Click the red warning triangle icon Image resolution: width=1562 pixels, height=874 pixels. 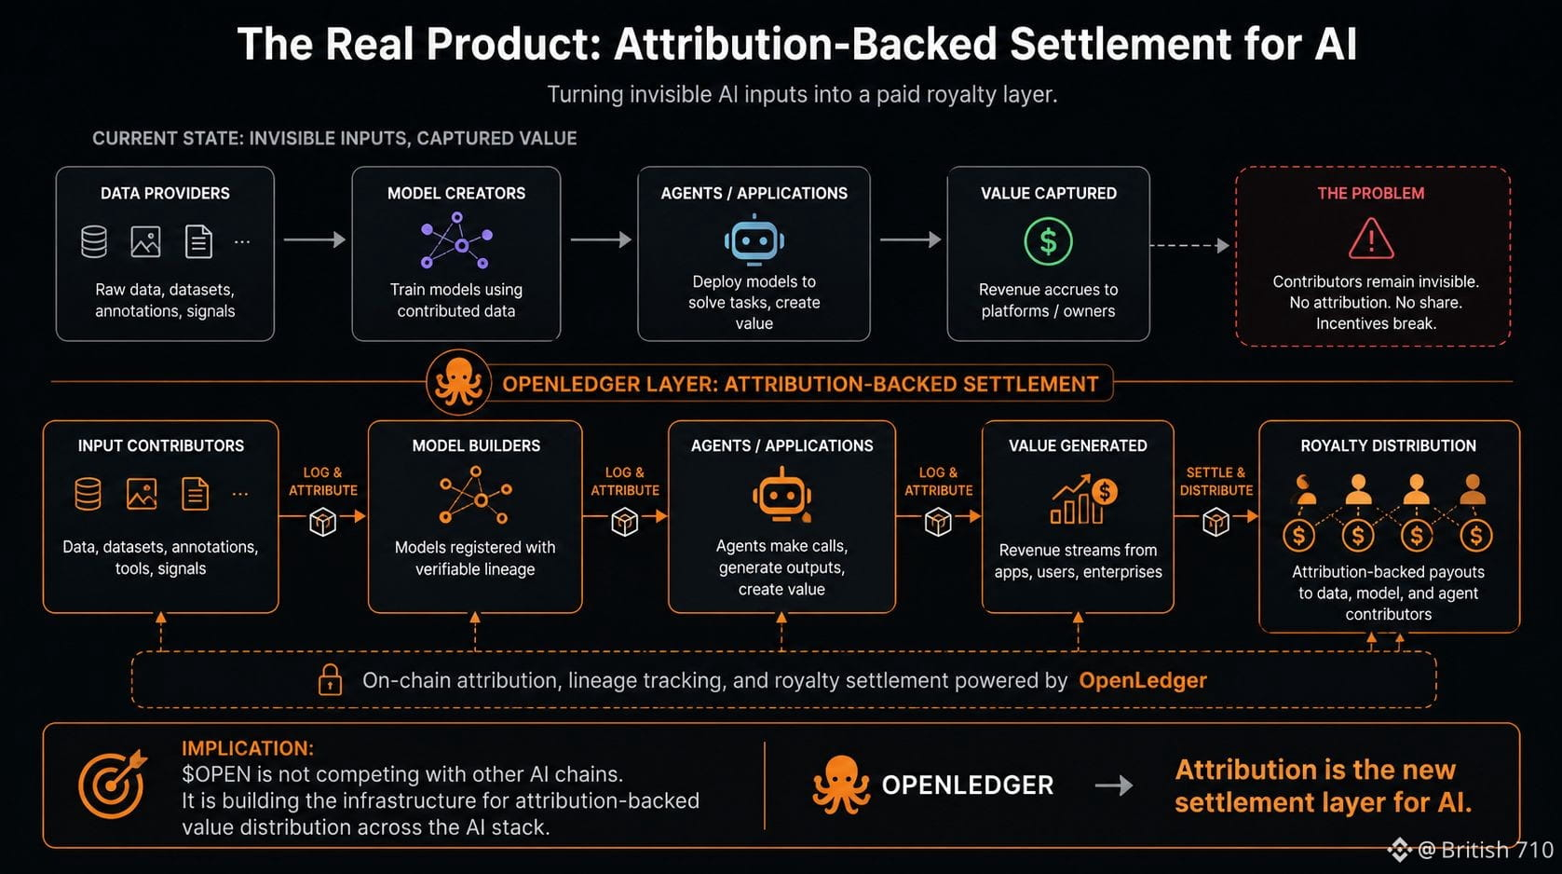(x=1371, y=239)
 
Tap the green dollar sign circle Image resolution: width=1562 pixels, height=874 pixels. (x=1048, y=241)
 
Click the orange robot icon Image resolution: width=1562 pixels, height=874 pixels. (x=781, y=496)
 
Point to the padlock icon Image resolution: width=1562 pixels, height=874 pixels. (x=330, y=679)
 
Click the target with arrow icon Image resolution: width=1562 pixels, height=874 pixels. (x=113, y=784)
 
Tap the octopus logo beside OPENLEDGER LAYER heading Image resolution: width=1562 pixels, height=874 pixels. (x=458, y=382)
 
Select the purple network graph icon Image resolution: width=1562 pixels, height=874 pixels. (x=456, y=240)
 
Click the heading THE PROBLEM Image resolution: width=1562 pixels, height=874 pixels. (x=1371, y=193)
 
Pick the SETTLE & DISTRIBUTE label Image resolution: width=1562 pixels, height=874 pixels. (x=1216, y=482)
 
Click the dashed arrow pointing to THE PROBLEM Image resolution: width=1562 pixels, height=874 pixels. (x=1189, y=246)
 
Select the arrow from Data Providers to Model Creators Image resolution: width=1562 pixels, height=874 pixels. (x=315, y=240)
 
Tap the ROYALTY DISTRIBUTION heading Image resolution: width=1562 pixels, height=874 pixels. (x=1389, y=445)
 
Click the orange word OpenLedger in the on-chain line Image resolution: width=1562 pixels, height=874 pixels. (x=1142, y=680)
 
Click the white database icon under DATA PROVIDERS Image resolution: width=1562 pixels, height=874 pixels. (x=93, y=242)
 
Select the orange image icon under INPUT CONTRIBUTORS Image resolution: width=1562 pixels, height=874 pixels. (x=142, y=494)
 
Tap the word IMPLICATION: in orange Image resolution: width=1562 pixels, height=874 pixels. (x=248, y=748)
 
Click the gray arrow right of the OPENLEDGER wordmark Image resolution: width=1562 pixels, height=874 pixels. (x=1114, y=785)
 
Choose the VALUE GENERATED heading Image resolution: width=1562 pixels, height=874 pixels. (x=1078, y=445)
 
